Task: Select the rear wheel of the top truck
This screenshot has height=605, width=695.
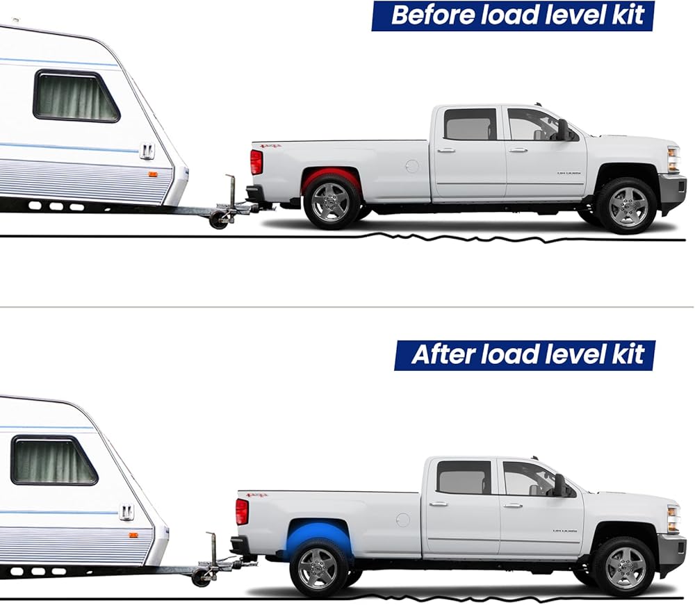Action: pyautogui.click(x=332, y=203)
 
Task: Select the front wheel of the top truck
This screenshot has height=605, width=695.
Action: pyautogui.click(x=625, y=206)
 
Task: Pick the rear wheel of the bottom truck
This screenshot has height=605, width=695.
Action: pyautogui.click(x=319, y=567)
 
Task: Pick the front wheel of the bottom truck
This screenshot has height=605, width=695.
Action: pyautogui.click(x=623, y=565)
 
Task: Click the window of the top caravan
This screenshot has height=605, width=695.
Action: pyautogui.click(x=76, y=97)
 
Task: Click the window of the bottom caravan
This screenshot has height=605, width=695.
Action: pyautogui.click(x=54, y=461)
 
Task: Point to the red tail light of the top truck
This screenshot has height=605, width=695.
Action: pyautogui.click(x=256, y=162)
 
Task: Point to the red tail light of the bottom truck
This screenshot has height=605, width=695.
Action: pyautogui.click(x=242, y=512)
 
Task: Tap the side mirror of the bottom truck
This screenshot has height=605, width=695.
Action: pyautogui.click(x=559, y=485)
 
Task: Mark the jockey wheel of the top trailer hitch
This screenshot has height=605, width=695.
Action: pyautogui.click(x=218, y=220)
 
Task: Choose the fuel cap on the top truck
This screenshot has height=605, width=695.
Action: pyautogui.click(x=412, y=166)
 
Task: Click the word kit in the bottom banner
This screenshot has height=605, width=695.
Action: pyautogui.click(x=629, y=354)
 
